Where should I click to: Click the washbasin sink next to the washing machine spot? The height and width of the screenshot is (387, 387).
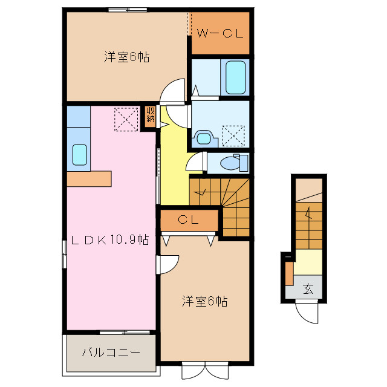click(x=204, y=137)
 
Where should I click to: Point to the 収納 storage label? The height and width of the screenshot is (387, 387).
click(x=150, y=115)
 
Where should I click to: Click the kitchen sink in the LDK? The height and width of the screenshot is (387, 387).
click(x=79, y=154)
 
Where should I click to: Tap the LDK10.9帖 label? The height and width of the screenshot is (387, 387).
click(x=111, y=240)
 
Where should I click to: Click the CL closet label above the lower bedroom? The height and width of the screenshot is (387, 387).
click(x=189, y=220)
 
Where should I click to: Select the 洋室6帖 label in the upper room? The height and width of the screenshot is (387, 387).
click(x=126, y=57)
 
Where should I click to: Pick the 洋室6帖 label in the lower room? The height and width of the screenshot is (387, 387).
click(x=205, y=301)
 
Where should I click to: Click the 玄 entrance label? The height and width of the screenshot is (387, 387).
click(x=308, y=289)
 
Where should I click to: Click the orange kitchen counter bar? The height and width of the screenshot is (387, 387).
click(x=89, y=178)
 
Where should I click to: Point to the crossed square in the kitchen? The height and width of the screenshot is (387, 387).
click(x=126, y=119)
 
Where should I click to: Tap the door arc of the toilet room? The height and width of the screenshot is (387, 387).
click(x=196, y=162)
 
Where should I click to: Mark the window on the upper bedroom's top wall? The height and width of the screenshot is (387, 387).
click(x=128, y=9)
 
